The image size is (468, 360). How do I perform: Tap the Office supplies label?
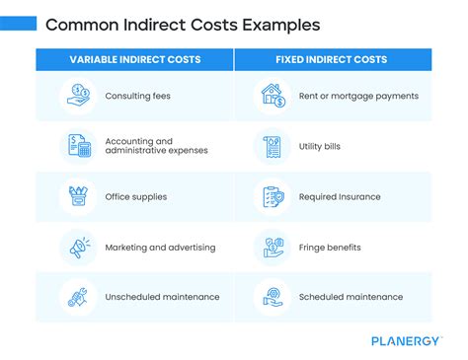coord(136,196)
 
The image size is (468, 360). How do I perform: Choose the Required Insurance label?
coord(340,196)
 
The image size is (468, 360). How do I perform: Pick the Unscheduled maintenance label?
coord(155,297)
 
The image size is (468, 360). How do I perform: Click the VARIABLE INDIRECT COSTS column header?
coord(135,59)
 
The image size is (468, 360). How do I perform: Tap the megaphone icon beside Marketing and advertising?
coord(76,247)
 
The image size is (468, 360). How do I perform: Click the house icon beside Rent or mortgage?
coord(272,96)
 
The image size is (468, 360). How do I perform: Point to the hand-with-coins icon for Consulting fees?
coord(76,96)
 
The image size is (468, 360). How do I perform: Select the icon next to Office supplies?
coord(76,196)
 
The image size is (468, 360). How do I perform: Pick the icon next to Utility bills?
coord(272,146)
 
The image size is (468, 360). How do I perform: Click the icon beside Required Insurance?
coord(272,196)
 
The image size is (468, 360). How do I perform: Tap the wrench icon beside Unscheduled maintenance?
coord(76,297)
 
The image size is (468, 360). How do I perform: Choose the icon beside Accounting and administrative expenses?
coord(76,146)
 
